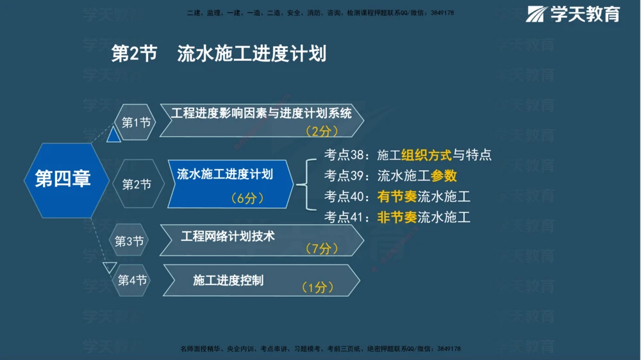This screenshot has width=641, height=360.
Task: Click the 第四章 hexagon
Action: pos(63,179)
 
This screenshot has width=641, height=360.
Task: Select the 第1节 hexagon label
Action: pos(136,122)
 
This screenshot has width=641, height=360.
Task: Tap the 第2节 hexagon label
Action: pos(137,184)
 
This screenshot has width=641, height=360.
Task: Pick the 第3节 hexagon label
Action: pos(129,241)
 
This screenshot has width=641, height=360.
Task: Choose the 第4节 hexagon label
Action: pos(132,281)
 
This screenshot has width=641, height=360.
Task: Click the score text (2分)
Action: pos(321,131)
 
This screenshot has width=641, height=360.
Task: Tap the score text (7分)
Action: pos(321,249)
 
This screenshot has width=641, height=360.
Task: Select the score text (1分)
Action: pos(317,288)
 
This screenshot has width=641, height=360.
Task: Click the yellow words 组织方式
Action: pos(426,155)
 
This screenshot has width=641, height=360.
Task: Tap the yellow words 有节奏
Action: pos(397,197)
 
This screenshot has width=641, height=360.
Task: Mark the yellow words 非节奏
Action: pos(397,217)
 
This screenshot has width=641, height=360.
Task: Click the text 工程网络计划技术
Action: pos(228,236)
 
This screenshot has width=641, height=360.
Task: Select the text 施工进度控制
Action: pos(228,281)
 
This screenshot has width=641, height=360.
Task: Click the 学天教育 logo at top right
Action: pos(573,14)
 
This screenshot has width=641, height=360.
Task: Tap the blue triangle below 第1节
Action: pos(114,135)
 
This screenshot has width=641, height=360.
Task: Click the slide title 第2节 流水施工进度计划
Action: pos(219,54)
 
